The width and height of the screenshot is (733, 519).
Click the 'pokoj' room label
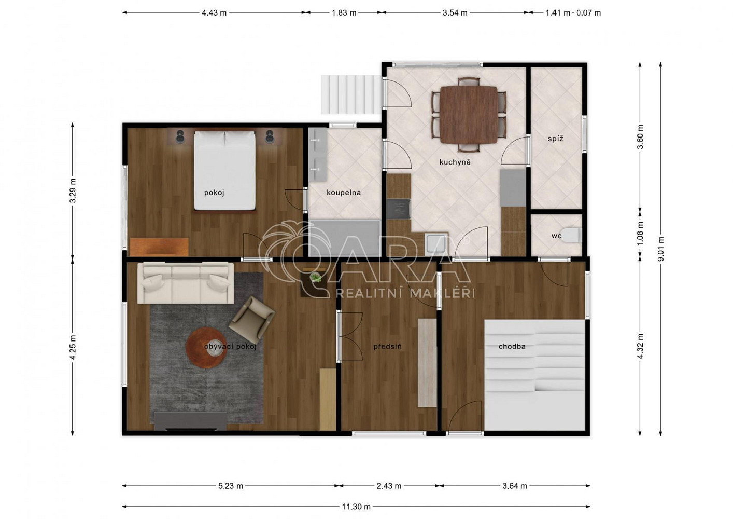pyautogui.click(x=214, y=193)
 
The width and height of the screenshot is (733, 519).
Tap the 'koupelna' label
pyautogui.click(x=344, y=193)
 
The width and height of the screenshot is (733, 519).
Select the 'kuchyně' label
pyautogui.click(x=455, y=162)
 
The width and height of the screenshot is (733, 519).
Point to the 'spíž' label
pyautogui.click(x=556, y=139)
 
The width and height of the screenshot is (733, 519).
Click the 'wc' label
pyautogui.click(x=556, y=236)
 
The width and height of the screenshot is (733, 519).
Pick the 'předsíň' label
pyautogui.click(x=387, y=346)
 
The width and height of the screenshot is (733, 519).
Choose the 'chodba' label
pyautogui.click(x=512, y=346)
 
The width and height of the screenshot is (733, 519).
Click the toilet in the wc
pyautogui.click(x=572, y=235)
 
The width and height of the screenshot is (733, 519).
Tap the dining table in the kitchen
pyautogui.click(x=469, y=115)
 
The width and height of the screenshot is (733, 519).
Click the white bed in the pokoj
pyautogui.click(x=224, y=170)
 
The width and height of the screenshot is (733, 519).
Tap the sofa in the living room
pyautogui.click(x=186, y=283)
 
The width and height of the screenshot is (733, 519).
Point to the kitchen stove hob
pyautogui.click(x=399, y=209)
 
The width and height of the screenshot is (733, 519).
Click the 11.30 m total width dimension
pyautogui.click(x=356, y=507)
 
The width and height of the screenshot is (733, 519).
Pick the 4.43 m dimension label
pyautogui.click(x=214, y=13)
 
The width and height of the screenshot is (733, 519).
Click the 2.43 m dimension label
pyautogui.click(x=389, y=486)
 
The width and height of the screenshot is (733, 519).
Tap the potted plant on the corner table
pyautogui.click(x=316, y=277)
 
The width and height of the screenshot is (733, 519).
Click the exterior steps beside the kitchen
pyautogui.click(x=351, y=94)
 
